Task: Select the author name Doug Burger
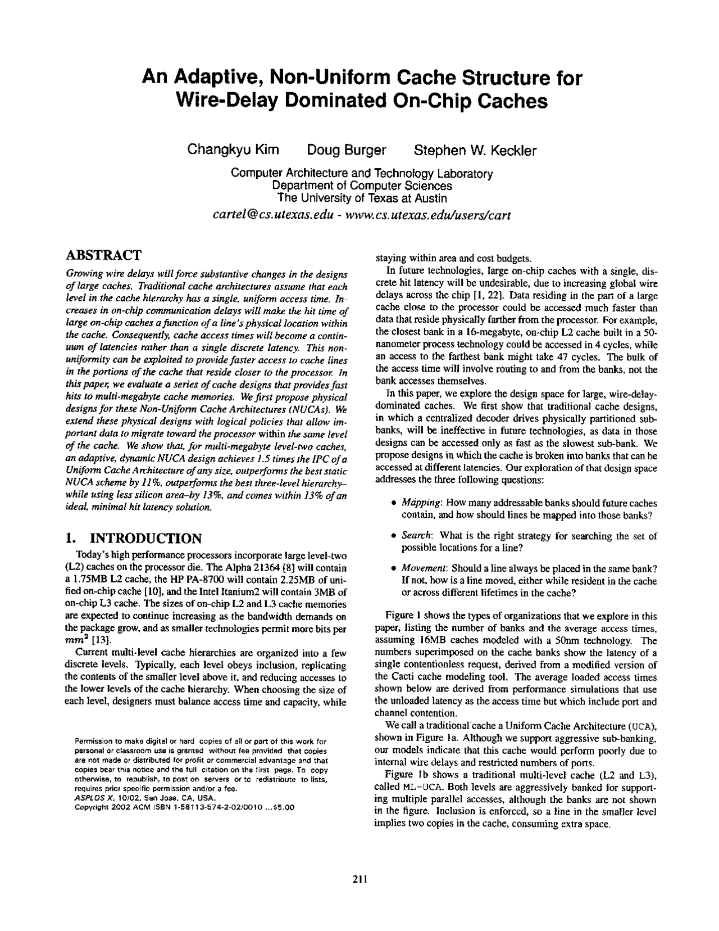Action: [347, 151]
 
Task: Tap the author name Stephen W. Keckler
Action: [475, 151]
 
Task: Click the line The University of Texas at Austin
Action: [362, 198]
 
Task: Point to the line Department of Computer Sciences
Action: [362, 186]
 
